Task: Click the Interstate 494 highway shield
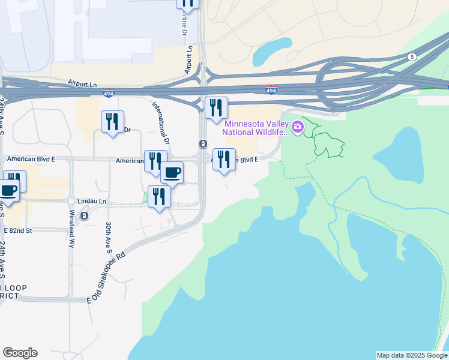click(271, 91)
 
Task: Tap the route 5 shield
click(411, 57)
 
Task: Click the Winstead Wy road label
click(71, 221)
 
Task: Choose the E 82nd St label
click(26, 230)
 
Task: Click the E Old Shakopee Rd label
click(109, 277)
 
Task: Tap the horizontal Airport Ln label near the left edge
click(82, 83)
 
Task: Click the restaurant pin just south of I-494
click(216, 108)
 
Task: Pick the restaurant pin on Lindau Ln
click(159, 197)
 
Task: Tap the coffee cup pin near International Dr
click(172, 173)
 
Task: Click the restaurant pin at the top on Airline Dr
click(188, 3)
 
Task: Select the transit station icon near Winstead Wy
click(85, 216)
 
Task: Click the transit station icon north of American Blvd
click(203, 144)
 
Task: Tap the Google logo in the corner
click(20, 353)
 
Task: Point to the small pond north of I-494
click(271, 52)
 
